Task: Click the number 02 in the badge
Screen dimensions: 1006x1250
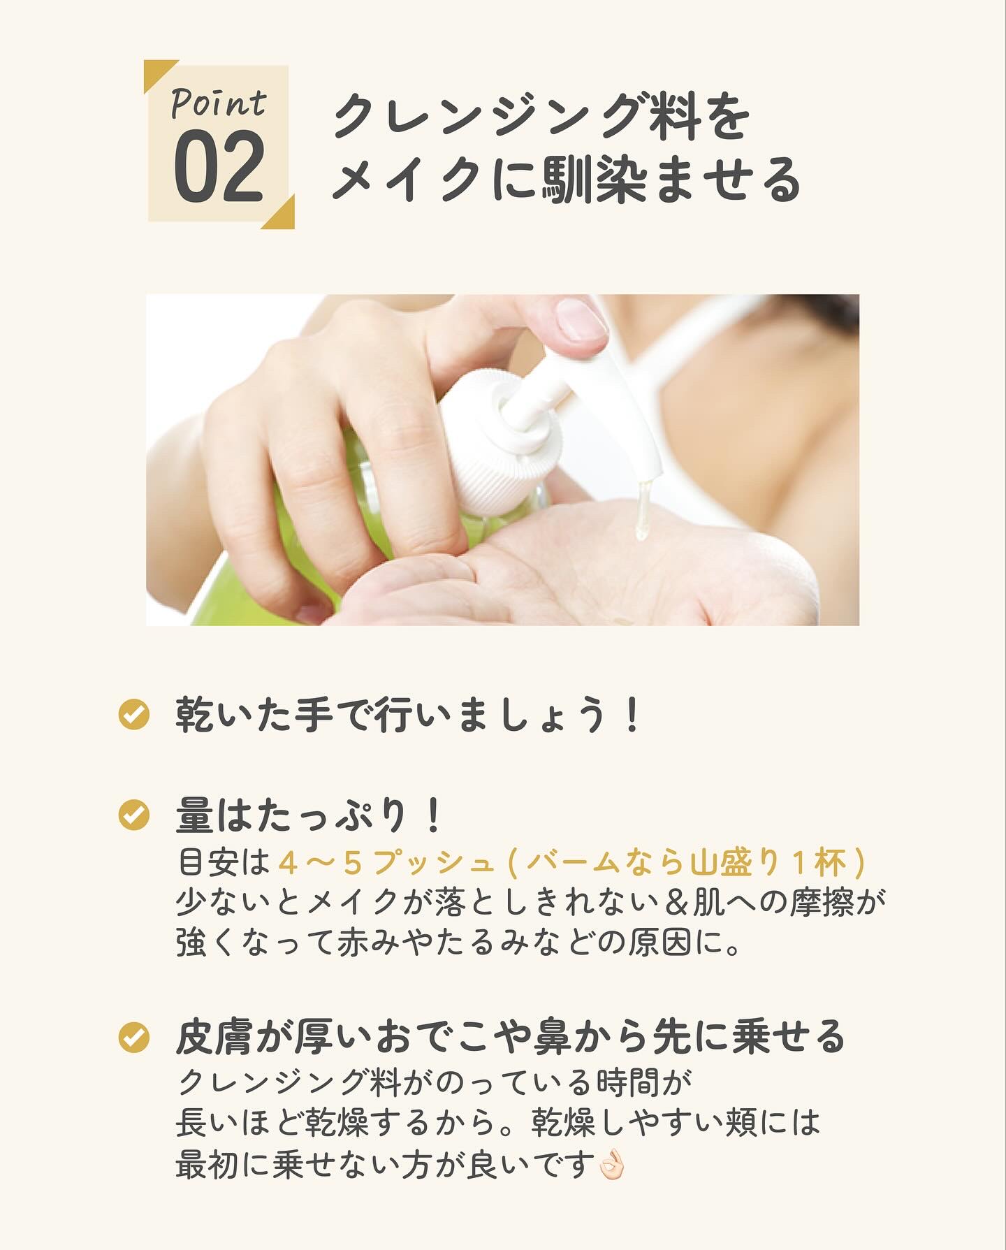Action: (219, 166)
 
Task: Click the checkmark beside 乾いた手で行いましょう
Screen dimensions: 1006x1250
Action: (134, 715)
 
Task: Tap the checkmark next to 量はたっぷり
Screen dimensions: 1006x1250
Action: (134, 815)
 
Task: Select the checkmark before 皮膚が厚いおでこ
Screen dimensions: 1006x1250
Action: (134, 1038)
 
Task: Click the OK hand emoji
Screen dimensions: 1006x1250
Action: (613, 1165)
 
